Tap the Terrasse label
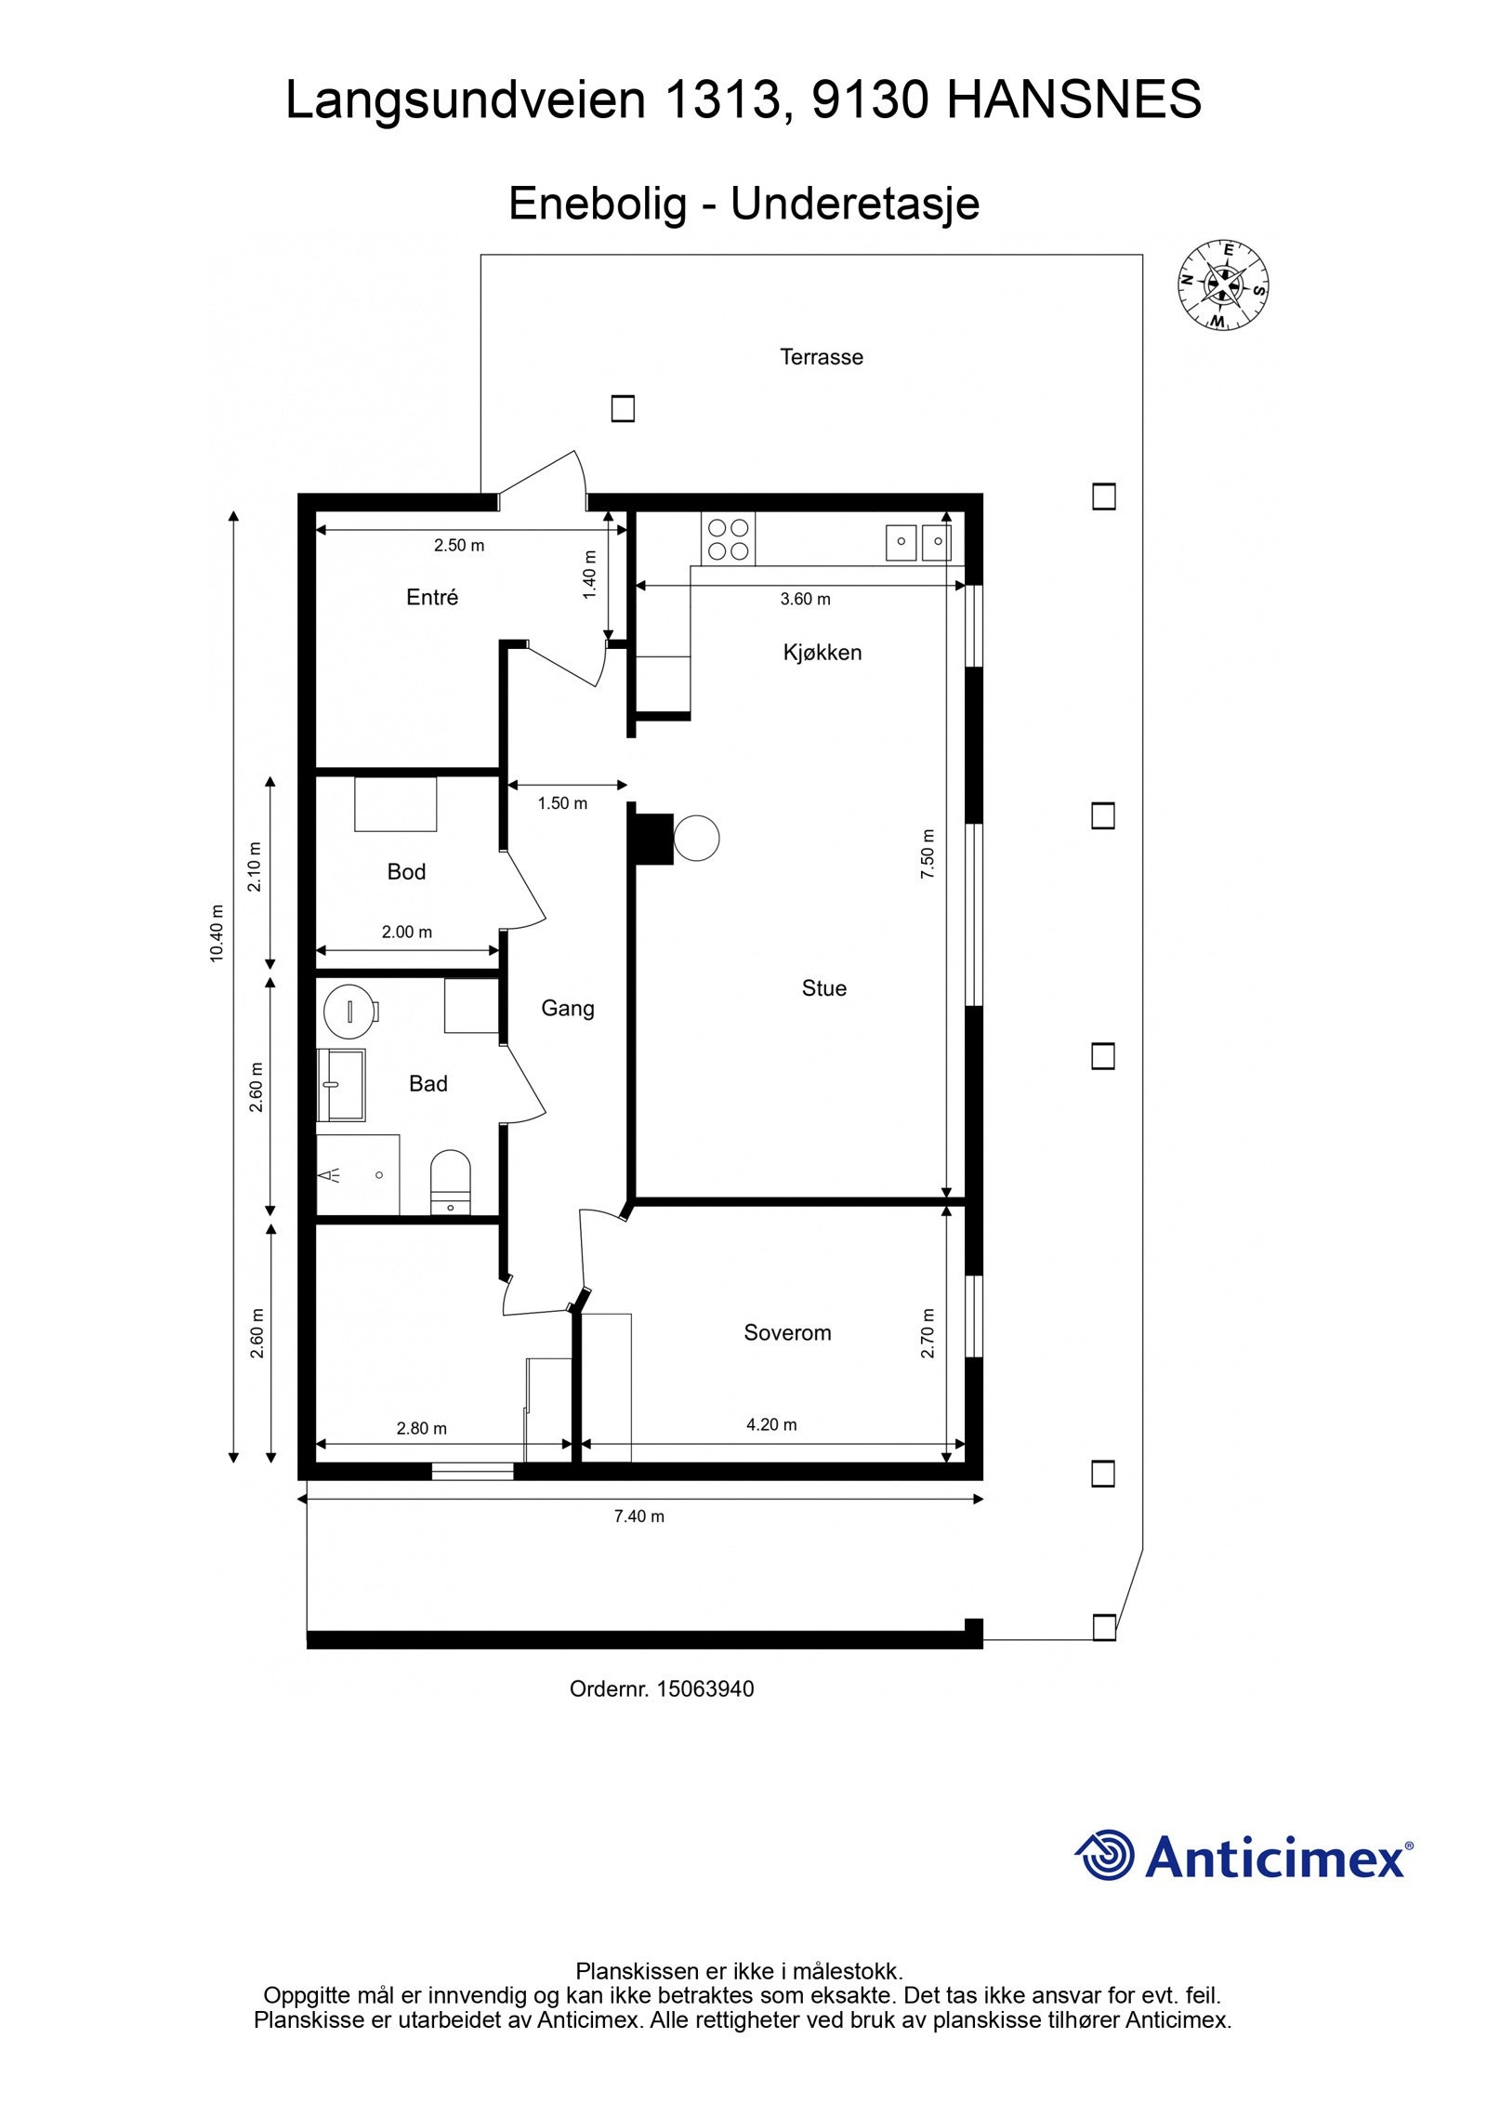pyautogui.click(x=821, y=357)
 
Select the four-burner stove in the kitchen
pyautogui.click(x=728, y=538)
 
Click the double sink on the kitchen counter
pyautogui.click(x=918, y=541)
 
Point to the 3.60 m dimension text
pyautogui.click(x=805, y=600)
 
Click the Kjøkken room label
pyautogui.click(x=822, y=653)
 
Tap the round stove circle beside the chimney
pyautogui.click(x=696, y=838)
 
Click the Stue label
pyautogui.click(x=823, y=988)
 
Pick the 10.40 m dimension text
pyautogui.click(x=217, y=933)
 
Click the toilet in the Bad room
pyautogui.click(x=451, y=1182)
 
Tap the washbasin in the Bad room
pyautogui.click(x=341, y=1084)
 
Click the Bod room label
pyautogui.click(x=406, y=872)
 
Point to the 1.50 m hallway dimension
pyautogui.click(x=562, y=803)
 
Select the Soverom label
pyautogui.click(x=786, y=1332)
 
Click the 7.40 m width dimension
pyautogui.click(x=638, y=1516)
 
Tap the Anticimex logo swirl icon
pyautogui.click(x=1104, y=1855)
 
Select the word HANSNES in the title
pyautogui.click(x=1073, y=99)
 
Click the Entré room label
pyautogui.click(x=432, y=598)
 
